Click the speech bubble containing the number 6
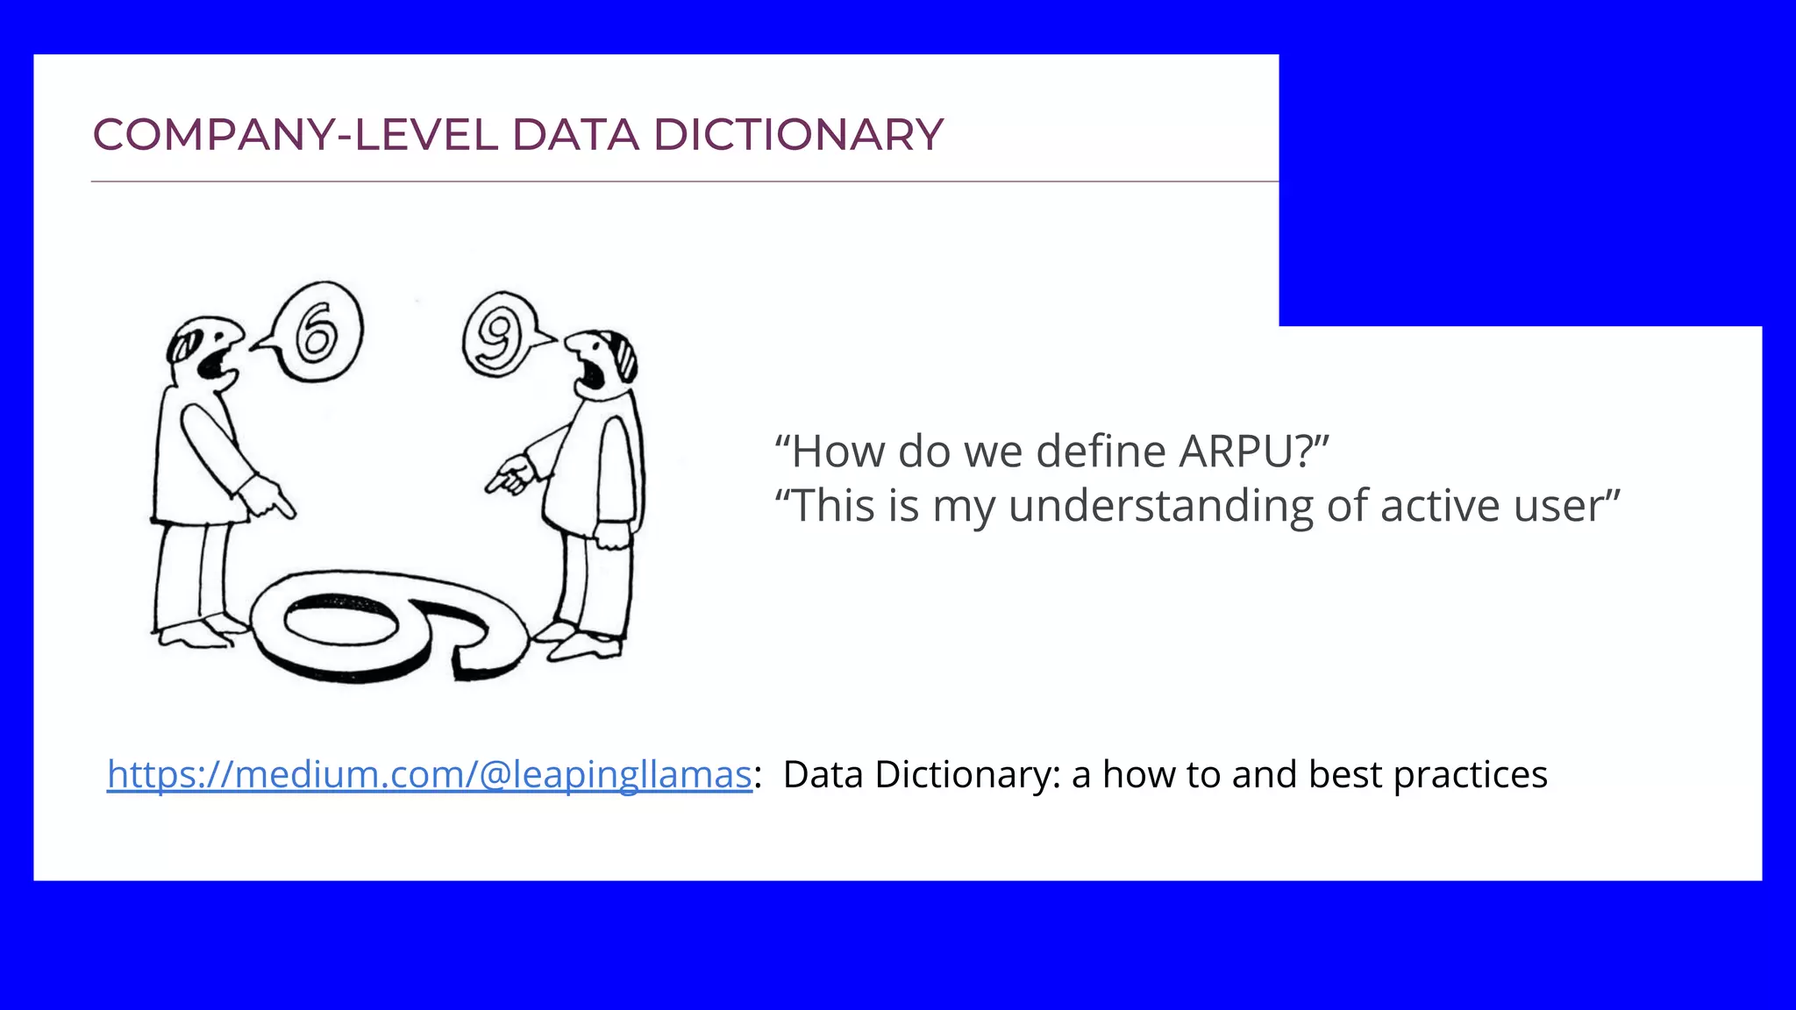coord(317,332)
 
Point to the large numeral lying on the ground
coord(386,622)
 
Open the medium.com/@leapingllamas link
coord(429,775)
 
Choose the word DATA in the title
coord(575,135)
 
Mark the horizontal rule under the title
coord(684,181)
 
